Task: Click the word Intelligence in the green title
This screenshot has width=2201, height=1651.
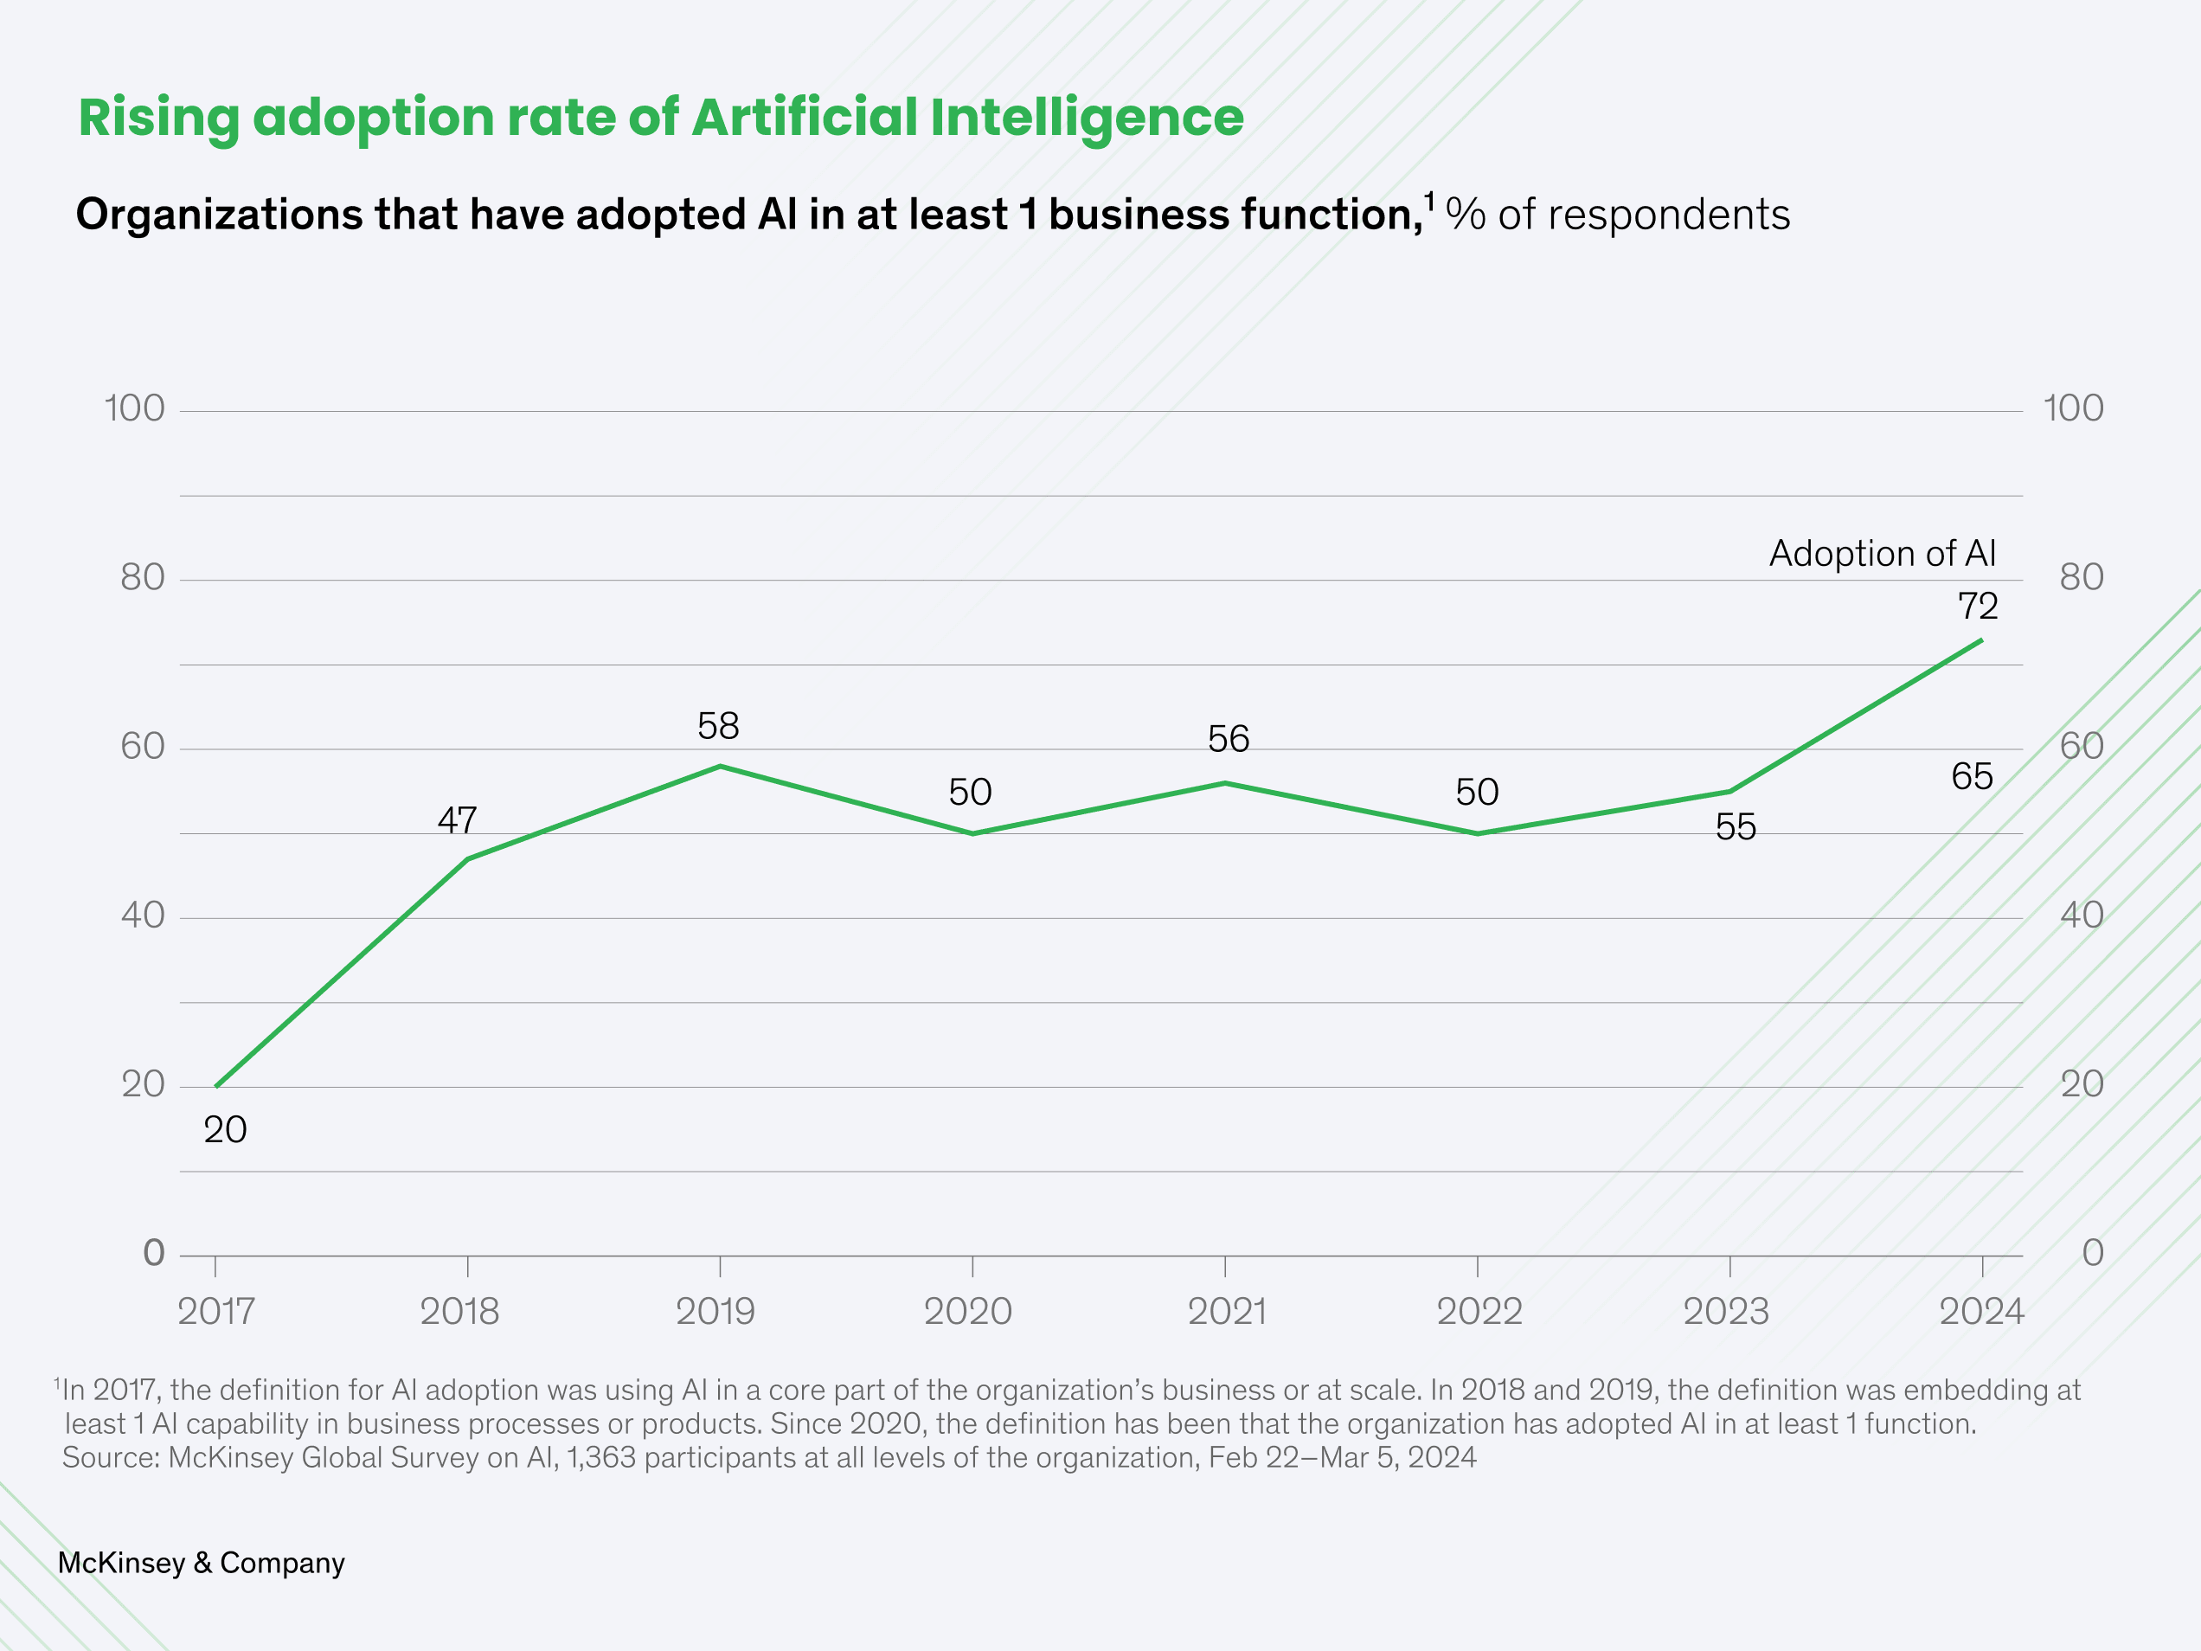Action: [x=1087, y=119]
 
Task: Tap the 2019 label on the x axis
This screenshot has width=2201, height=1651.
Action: [x=715, y=1312]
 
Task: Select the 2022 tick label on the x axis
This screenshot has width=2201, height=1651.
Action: [x=1479, y=1312]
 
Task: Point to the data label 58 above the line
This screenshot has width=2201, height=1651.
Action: [x=717, y=727]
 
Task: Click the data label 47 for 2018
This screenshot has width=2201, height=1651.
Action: [x=457, y=820]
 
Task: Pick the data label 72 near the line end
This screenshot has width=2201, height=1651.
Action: [x=1977, y=606]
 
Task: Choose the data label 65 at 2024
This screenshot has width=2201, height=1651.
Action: [x=1971, y=776]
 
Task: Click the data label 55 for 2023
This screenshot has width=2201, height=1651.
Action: [x=1736, y=827]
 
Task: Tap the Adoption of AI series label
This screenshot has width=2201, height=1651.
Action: [x=1882, y=553]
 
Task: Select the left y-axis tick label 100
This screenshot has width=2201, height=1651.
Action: [x=134, y=408]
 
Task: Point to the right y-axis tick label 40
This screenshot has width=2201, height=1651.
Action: [x=2082, y=915]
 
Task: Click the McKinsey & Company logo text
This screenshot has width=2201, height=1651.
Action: [x=201, y=1563]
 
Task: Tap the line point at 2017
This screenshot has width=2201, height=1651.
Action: [x=216, y=1086]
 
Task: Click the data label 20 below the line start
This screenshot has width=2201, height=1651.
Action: [x=225, y=1129]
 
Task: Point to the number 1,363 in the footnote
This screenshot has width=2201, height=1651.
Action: [x=601, y=1457]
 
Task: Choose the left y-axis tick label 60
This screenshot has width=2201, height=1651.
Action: [x=142, y=747]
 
